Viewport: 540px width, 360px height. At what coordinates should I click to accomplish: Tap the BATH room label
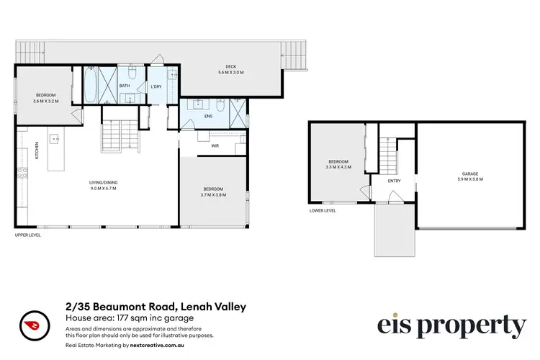click(125, 86)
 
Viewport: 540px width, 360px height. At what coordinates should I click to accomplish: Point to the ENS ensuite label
click(209, 116)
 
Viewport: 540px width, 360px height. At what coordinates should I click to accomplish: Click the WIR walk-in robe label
click(214, 145)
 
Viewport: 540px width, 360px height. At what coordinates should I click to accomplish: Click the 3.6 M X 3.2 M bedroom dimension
click(45, 100)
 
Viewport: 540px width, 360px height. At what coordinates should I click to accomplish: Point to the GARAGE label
click(470, 174)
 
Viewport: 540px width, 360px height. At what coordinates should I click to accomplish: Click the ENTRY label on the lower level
click(394, 181)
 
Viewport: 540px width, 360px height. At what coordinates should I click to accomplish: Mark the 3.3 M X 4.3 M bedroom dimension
click(338, 166)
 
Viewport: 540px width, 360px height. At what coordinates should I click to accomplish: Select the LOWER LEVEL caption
click(323, 210)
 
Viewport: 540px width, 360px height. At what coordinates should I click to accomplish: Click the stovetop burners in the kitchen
click(22, 174)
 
